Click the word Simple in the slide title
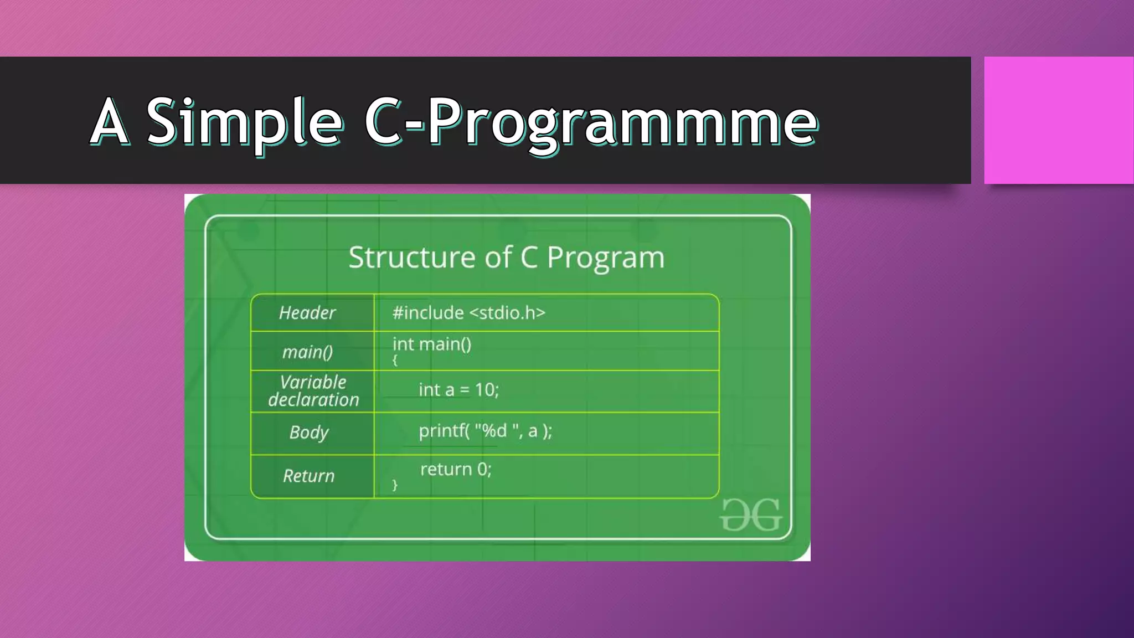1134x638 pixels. coord(244,122)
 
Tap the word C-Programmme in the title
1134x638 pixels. coord(590,122)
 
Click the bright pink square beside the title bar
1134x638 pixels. coord(1058,120)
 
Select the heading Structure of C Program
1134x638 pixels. coord(506,258)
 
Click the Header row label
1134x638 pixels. coord(307,313)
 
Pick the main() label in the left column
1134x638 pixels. coord(307,352)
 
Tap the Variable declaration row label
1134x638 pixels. coord(313,391)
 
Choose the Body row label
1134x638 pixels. coord(309,433)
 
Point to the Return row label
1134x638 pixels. coord(309,476)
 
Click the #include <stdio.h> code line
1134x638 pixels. coord(468,313)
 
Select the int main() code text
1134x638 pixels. coord(432,344)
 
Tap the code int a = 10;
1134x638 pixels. coord(458,390)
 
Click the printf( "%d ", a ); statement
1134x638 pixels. coord(485,431)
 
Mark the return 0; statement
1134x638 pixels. coord(456,470)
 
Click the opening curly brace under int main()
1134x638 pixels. coord(395,361)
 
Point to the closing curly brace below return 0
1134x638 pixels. coord(395,485)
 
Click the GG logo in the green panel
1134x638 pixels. coord(751,516)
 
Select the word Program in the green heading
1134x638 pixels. coord(605,258)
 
